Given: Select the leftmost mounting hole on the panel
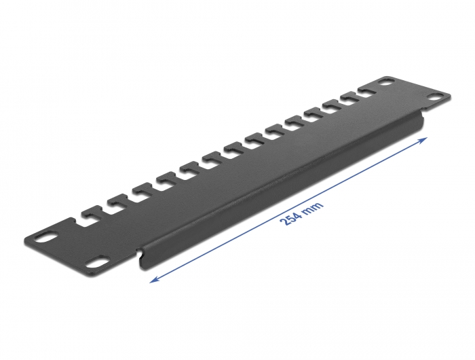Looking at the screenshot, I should tap(46, 238).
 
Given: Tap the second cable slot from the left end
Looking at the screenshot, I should tap(115, 202).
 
